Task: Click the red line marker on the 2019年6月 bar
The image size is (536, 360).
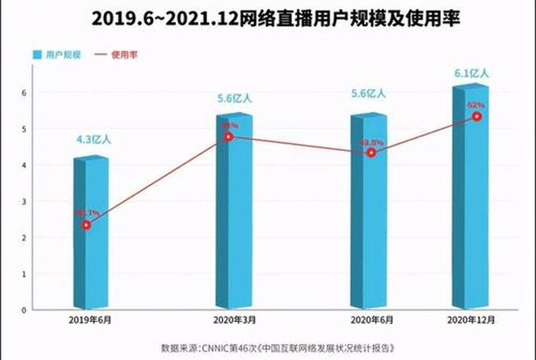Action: [x=87, y=225]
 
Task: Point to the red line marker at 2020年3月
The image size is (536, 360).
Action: [x=228, y=137]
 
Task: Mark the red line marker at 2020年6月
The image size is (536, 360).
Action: [x=371, y=153]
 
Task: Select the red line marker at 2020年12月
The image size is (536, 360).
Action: [x=477, y=116]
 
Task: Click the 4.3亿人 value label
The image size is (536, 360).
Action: [x=93, y=139]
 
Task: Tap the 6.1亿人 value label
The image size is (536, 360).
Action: [x=471, y=74]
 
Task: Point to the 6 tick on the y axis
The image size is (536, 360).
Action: [x=24, y=93]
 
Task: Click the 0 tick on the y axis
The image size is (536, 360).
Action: [x=24, y=310]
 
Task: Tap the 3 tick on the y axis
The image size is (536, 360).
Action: [x=24, y=201]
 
